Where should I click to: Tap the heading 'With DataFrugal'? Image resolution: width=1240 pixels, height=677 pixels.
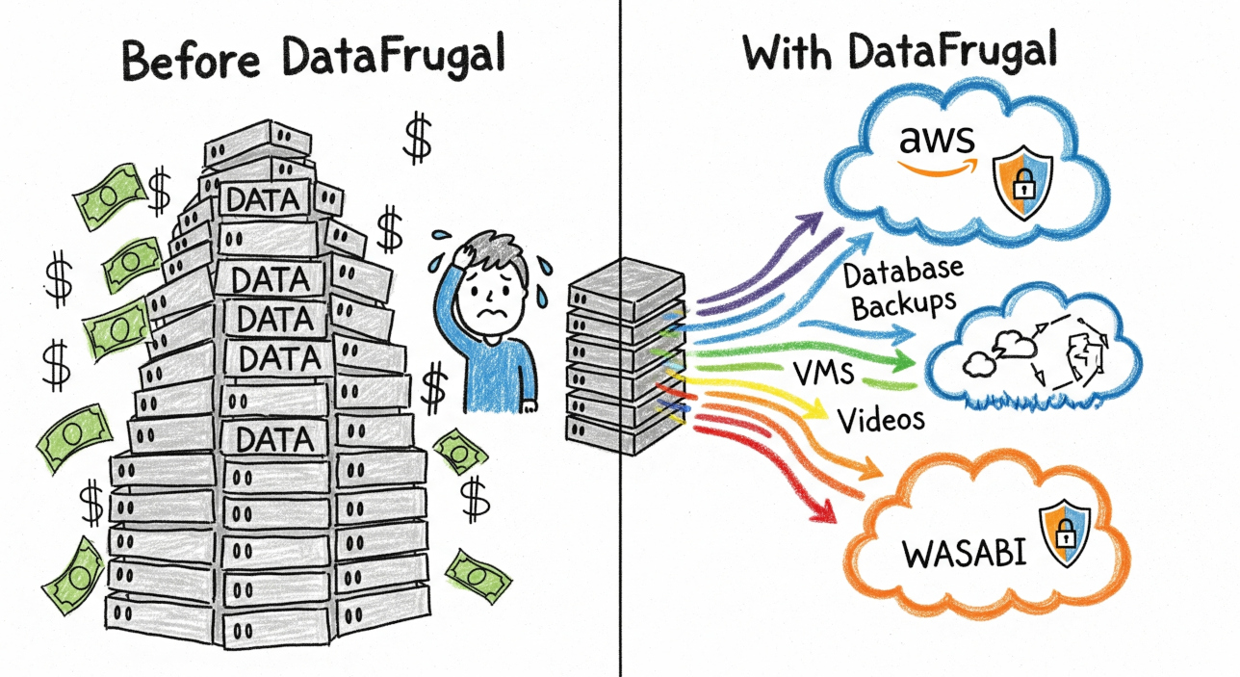coord(900,53)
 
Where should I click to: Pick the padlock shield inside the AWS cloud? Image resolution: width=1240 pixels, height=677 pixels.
coord(1022,184)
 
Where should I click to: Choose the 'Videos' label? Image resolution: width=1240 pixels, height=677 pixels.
coord(881,419)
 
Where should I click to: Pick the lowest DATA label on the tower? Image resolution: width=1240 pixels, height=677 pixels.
coord(274,439)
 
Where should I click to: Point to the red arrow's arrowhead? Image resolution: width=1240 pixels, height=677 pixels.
coord(823,511)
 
